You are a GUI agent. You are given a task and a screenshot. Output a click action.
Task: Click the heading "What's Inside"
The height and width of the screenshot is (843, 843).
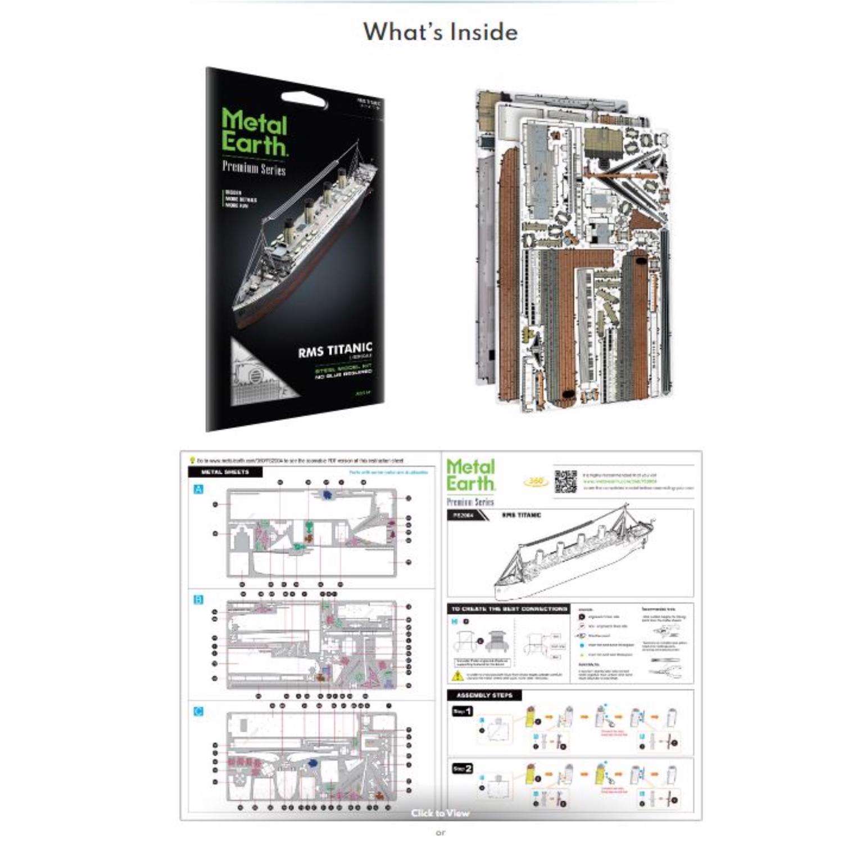pyautogui.click(x=440, y=32)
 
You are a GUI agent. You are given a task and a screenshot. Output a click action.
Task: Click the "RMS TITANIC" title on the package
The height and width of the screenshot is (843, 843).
pyautogui.click(x=335, y=350)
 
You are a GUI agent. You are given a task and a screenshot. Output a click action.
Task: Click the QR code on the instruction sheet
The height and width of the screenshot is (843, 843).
pyautogui.click(x=566, y=482)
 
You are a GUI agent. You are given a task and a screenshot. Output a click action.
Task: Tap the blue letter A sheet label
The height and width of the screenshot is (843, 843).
pyautogui.click(x=198, y=490)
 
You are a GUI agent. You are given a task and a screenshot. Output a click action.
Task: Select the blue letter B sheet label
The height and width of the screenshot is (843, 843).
pyautogui.click(x=198, y=600)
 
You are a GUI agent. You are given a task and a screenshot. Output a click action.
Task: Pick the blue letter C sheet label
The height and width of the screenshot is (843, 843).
pyautogui.click(x=198, y=711)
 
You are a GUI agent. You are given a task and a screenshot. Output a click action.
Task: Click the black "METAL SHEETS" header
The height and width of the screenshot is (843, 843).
pyautogui.click(x=225, y=472)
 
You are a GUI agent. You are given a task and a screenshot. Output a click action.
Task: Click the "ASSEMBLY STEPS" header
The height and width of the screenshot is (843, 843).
pyautogui.click(x=484, y=696)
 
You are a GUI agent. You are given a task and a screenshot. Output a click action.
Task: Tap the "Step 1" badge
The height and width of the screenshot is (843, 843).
pyautogui.click(x=463, y=711)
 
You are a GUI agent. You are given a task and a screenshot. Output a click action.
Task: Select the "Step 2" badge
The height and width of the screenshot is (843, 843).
pyautogui.click(x=463, y=768)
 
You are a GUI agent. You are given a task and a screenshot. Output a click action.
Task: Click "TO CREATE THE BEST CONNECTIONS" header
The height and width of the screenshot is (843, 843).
pyautogui.click(x=509, y=609)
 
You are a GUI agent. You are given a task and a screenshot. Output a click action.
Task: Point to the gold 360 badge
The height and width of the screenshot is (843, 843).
pyautogui.click(x=536, y=482)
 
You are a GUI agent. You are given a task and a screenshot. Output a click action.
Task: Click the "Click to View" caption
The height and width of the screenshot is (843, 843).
pyautogui.click(x=439, y=813)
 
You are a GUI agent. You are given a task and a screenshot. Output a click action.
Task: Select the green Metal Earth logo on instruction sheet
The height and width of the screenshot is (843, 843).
pyautogui.click(x=471, y=475)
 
